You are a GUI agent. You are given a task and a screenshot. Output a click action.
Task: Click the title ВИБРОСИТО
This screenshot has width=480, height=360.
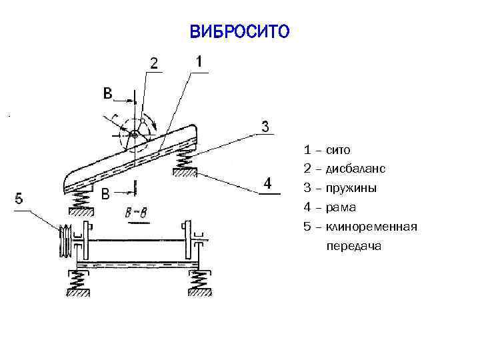240,31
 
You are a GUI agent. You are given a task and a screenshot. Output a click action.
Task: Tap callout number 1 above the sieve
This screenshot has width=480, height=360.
199,61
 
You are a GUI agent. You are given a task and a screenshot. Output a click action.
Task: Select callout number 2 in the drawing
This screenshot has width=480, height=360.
154,64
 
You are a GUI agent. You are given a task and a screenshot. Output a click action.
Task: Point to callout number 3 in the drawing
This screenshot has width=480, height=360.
265,126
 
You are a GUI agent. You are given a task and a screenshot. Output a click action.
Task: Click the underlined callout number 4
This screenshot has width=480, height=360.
267,183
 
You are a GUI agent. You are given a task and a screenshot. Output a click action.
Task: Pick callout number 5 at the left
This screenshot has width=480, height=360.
19,198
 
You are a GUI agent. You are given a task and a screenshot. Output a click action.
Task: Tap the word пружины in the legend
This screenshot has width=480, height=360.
351,189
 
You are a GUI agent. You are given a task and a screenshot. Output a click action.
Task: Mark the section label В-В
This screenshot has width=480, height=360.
136,213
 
